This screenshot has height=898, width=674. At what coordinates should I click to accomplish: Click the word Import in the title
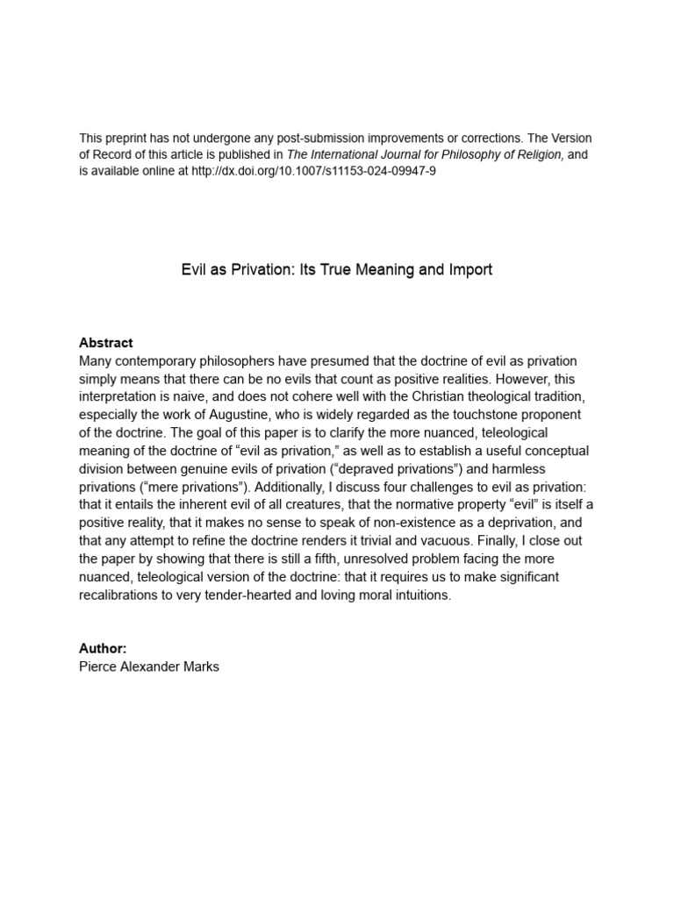pos(470,270)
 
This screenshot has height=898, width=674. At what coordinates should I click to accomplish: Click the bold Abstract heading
pos(106,343)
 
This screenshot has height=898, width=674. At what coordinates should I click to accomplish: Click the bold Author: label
pos(103,649)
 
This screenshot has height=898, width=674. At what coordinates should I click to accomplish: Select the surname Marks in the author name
pos(199,666)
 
